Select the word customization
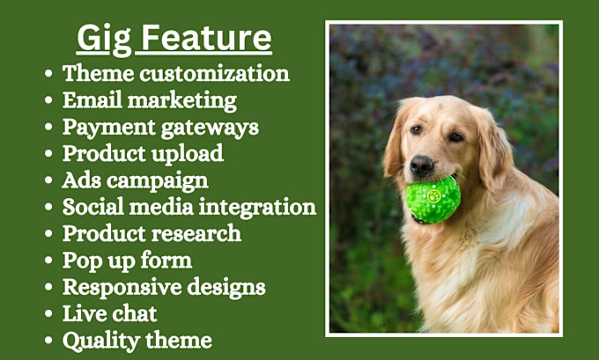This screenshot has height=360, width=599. (x=214, y=73)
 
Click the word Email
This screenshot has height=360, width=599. (x=92, y=100)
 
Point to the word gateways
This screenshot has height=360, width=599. (x=210, y=128)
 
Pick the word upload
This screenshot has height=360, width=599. (x=187, y=154)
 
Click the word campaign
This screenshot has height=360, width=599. (x=158, y=181)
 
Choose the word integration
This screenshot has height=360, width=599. (x=257, y=208)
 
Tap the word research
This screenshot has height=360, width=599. (x=196, y=233)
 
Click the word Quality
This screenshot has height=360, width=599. (x=100, y=342)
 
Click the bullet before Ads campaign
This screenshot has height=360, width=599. (x=48, y=180)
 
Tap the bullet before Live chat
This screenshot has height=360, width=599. (x=48, y=314)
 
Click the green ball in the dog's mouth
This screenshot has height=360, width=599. (x=433, y=199)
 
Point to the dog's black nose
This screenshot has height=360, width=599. (x=421, y=165)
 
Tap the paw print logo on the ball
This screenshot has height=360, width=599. (x=434, y=196)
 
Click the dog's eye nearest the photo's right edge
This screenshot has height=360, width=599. (x=455, y=136)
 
